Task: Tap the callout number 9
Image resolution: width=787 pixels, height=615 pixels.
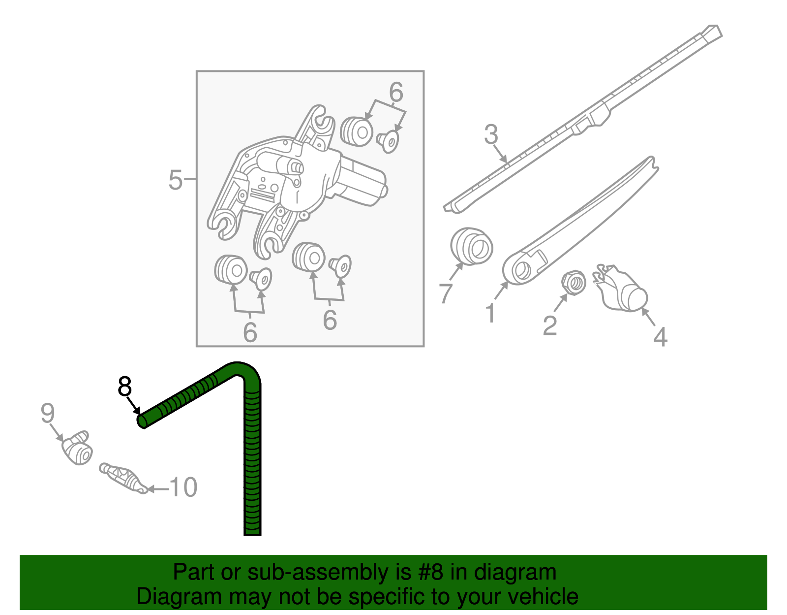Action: [x=47, y=413]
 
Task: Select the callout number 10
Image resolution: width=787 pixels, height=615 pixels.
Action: [x=183, y=487]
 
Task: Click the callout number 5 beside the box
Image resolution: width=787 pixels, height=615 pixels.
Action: [x=175, y=180]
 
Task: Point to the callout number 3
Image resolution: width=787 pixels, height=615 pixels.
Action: [x=491, y=134]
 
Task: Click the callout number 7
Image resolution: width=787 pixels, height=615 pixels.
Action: [x=445, y=293]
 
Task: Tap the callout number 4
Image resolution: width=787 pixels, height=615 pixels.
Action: [x=661, y=337]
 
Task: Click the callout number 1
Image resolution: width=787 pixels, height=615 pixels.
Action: [x=490, y=314]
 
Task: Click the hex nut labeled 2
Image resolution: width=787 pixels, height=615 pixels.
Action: [x=574, y=283]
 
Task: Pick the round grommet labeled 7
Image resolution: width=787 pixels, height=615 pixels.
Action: [x=472, y=246]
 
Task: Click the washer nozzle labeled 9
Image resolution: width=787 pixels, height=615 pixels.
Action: [x=78, y=448]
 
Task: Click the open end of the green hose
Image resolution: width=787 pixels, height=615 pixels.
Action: [x=141, y=421]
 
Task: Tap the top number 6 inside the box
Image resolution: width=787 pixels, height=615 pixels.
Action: [x=396, y=92]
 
